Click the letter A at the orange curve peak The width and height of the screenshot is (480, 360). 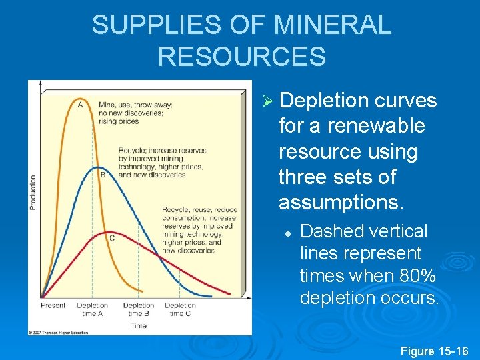pyautogui.click(x=80, y=103)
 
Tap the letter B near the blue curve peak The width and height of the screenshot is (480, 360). pyautogui.click(x=103, y=175)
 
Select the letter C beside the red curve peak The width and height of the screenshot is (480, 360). pyautogui.click(x=111, y=237)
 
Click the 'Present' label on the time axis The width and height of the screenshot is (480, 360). pyautogui.click(x=53, y=305)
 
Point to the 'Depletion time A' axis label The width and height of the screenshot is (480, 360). pyautogui.click(x=92, y=309)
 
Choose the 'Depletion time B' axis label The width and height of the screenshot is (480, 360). pyautogui.click(x=138, y=309)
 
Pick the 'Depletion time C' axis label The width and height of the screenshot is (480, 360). pyautogui.click(x=180, y=309)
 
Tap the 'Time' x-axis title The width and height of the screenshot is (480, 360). pyautogui.click(x=139, y=325)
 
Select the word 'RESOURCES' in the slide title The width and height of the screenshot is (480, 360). pyautogui.click(x=241, y=57)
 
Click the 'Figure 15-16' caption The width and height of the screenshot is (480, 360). pyautogui.click(x=434, y=351)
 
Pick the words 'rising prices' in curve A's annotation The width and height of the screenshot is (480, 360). pyautogui.click(x=117, y=121)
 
